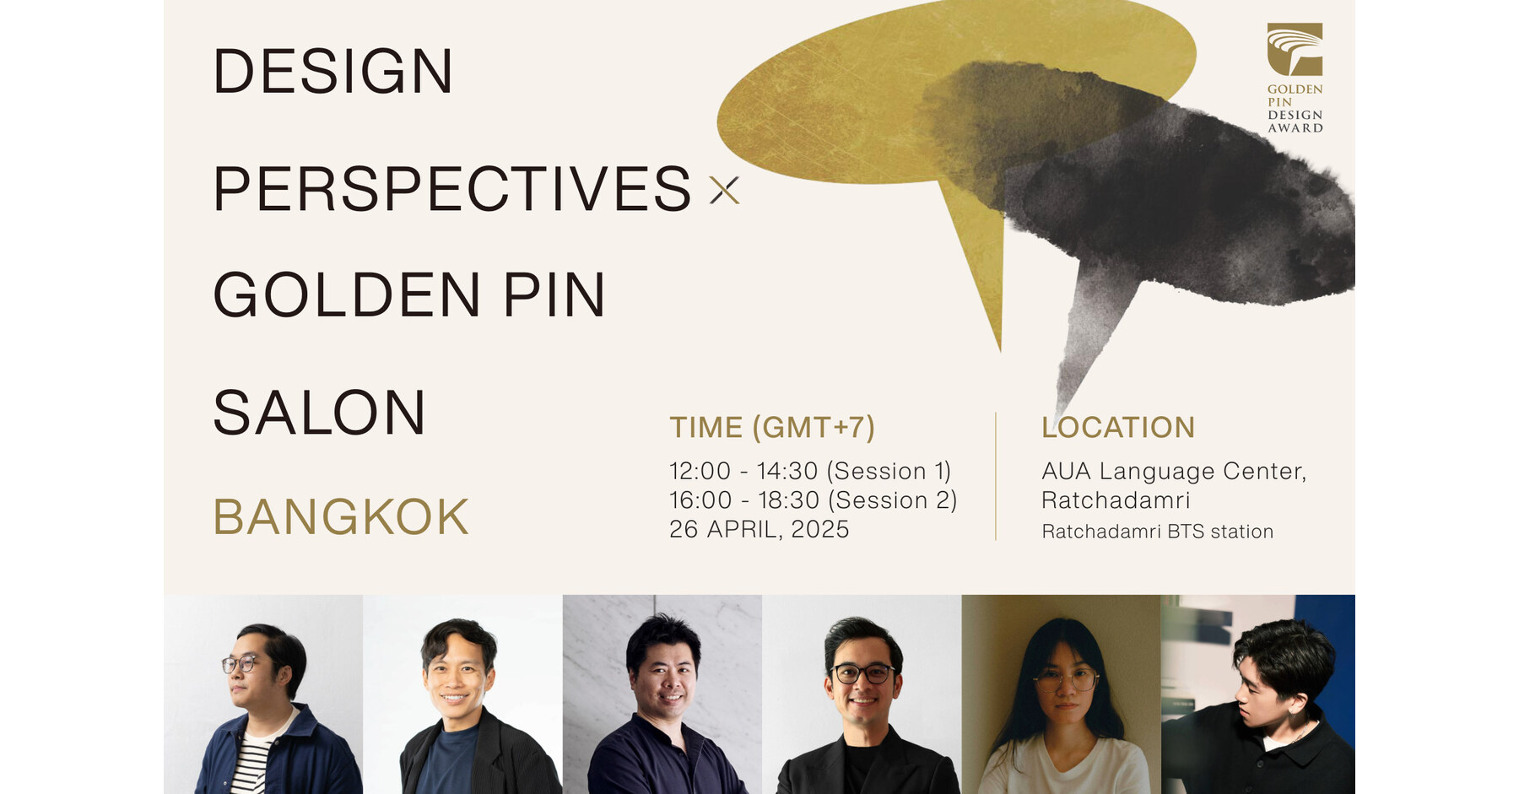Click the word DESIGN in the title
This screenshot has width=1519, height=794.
[x=333, y=72]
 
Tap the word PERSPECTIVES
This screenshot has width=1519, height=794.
[x=452, y=189]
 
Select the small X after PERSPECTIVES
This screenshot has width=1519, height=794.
[x=724, y=191]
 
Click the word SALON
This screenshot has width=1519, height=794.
[x=320, y=413]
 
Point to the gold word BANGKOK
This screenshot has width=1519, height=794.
[x=341, y=516]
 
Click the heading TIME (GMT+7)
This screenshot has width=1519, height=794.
[x=772, y=428]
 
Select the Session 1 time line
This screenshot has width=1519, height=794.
[x=810, y=471]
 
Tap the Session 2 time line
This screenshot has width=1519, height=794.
[x=813, y=500]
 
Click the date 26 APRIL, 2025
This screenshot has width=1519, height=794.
[x=759, y=529]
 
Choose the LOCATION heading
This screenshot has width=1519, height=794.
[x=1118, y=428]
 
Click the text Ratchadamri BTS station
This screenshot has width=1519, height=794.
[x=1157, y=532]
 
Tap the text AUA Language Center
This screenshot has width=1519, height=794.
[x=1173, y=471]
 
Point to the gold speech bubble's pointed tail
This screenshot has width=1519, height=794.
[x=987, y=287]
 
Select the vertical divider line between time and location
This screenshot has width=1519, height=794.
[x=996, y=477]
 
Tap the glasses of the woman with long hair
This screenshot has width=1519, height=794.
[x=1065, y=678]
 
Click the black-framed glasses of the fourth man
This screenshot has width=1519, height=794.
[x=862, y=673]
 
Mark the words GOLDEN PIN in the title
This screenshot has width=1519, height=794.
[x=409, y=295]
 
